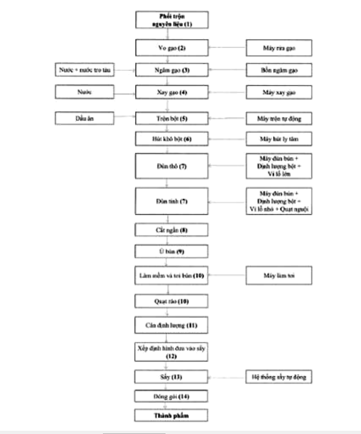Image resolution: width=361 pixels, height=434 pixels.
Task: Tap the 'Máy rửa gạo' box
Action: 279,48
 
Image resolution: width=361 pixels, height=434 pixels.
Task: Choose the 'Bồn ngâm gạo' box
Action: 279,70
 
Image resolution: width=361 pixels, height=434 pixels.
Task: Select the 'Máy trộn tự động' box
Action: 279,118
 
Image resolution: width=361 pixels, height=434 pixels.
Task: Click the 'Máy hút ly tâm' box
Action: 279,139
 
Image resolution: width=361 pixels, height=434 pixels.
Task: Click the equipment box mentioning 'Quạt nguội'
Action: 279,201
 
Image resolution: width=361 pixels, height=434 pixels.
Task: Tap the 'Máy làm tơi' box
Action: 279,276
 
